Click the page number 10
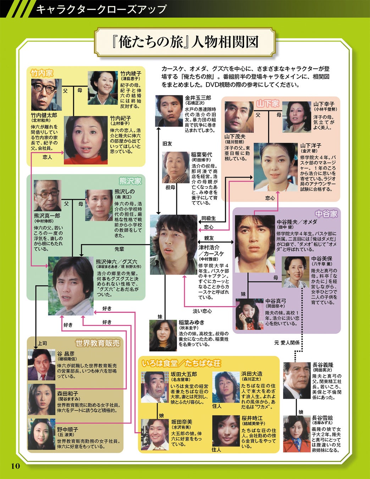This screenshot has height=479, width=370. [15, 466]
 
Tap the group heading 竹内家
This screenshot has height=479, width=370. [42, 73]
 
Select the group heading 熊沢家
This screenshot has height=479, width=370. [130, 181]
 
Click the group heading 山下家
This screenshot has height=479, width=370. [267, 104]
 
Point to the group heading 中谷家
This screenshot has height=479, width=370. [326, 214]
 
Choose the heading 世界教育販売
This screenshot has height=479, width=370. [98, 343]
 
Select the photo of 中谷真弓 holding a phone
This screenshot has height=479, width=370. [249, 314]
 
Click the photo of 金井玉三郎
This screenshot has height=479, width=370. [169, 111]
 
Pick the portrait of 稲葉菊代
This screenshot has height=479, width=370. [176, 167]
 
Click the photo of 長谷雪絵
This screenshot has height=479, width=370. [297, 434]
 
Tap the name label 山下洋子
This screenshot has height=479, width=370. [311, 145]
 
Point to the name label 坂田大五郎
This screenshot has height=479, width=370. [184, 374]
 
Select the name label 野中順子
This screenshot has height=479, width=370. [68, 429]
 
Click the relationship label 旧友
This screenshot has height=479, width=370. [167, 144]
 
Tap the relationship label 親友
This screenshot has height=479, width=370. [209, 238]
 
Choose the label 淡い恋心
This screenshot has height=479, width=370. [202, 311]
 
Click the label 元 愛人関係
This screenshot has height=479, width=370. [287, 342]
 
